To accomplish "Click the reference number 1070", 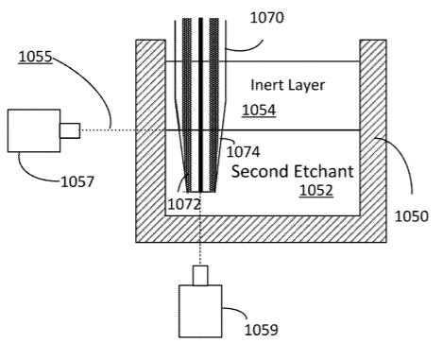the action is pyautogui.click(x=266, y=18).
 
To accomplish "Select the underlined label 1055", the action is pyautogui.click(x=35, y=57).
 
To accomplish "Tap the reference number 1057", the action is pyautogui.click(x=77, y=182).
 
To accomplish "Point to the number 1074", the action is pyautogui.click(x=243, y=152).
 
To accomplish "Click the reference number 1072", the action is pyautogui.click(x=184, y=204).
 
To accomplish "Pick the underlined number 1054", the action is pyautogui.click(x=259, y=111).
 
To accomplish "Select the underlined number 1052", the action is pyautogui.click(x=315, y=191).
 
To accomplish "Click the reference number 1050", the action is pyautogui.click(x=412, y=216).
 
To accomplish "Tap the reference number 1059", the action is pyautogui.click(x=261, y=330).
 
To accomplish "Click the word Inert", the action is pyautogui.click(x=264, y=85).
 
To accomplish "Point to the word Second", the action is pyautogui.click(x=260, y=172).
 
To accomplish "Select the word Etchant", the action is pyautogui.click(x=323, y=172).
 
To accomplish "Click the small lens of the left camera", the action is pyautogui.click(x=70, y=130).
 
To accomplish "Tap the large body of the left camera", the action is pyautogui.click(x=34, y=130).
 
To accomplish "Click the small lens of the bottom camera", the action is pyautogui.click(x=200, y=276).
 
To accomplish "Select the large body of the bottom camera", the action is pyautogui.click(x=200, y=311).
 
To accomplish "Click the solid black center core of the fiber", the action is pyautogui.click(x=200, y=105).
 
